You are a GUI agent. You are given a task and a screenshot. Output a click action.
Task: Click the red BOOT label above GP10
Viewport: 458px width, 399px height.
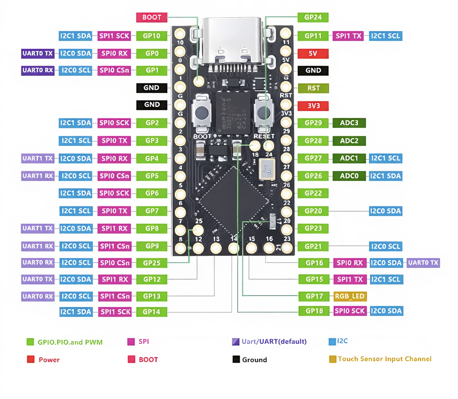(x=151, y=18)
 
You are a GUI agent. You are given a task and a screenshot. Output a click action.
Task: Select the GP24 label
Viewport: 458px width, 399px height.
(x=313, y=18)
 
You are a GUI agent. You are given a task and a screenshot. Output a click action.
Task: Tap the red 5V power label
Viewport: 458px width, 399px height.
(x=313, y=54)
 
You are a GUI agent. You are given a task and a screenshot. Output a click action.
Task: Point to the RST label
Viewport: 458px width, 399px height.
(x=313, y=88)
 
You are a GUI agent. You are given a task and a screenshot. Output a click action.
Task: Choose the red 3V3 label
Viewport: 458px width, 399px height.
(x=313, y=106)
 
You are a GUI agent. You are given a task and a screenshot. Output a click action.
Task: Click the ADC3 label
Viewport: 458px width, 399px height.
(x=349, y=123)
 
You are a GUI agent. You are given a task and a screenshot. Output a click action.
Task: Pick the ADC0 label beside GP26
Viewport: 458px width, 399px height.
(x=349, y=176)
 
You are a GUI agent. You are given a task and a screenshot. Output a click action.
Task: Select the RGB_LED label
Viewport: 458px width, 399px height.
(x=350, y=296)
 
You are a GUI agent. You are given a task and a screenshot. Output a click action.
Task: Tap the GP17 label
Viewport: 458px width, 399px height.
(x=314, y=296)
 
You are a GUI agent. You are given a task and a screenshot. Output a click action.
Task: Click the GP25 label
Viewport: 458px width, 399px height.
(x=152, y=263)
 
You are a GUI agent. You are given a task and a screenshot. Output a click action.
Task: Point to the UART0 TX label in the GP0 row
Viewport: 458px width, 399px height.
(x=37, y=54)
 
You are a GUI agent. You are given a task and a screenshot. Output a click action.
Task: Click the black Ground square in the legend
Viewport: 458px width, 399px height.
(x=236, y=360)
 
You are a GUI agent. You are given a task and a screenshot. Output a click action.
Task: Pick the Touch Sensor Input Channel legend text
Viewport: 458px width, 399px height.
(x=384, y=359)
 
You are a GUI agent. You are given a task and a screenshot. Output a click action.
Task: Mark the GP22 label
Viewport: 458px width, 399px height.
(x=313, y=193)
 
